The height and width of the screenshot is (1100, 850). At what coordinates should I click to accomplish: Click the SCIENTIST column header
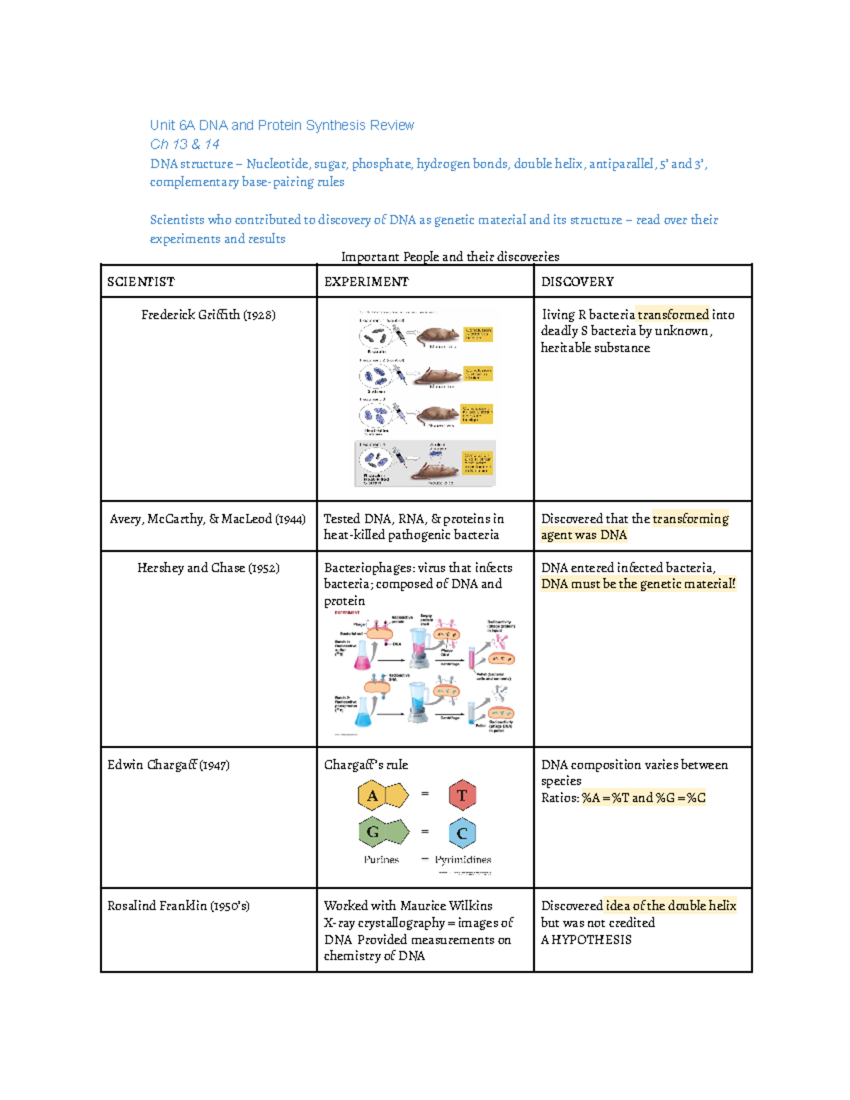(x=140, y=282)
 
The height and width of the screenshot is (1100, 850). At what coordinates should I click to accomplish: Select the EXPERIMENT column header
(x=366, y=282)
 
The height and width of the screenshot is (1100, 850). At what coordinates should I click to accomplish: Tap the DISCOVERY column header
(x=577, y=282)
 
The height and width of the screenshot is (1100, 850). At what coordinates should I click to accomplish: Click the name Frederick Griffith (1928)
(x=208, y=314)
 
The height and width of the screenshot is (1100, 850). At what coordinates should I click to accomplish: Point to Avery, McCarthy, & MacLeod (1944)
(x=208, y=518)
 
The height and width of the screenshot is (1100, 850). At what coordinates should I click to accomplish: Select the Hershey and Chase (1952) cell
(x=208, y=567)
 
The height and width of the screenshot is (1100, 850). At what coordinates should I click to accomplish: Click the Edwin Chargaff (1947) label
(x=169, y=765)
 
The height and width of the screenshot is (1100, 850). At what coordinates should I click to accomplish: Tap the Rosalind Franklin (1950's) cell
(x=178, y=906)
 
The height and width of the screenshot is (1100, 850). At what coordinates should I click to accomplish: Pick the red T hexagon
(x=462, y=795)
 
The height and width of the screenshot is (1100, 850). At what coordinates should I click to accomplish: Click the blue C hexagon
(x=462, y=833)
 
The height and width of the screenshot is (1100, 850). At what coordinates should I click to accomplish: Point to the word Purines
(x=381, y=859)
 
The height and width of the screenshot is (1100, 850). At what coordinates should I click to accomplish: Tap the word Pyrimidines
(x=463, y=859)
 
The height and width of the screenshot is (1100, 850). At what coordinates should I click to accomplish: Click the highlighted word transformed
(x=672, y=314)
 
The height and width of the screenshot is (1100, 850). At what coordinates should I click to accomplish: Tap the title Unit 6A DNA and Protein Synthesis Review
(x=282, y=125)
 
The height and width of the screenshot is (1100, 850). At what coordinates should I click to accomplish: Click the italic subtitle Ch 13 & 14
(x=185, y=144)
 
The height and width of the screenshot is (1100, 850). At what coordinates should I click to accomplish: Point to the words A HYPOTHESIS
(x=586, y=940)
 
